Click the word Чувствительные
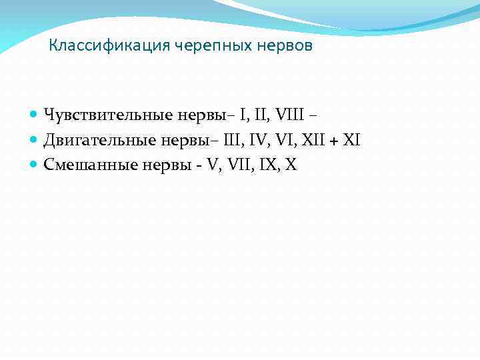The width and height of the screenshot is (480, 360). pyautogui.click(x=109, y=115)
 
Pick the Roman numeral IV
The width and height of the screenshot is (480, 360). pyautogui.click(x=256, y=140)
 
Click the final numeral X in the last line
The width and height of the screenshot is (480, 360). pyautogui.click(x=291, y=165)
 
